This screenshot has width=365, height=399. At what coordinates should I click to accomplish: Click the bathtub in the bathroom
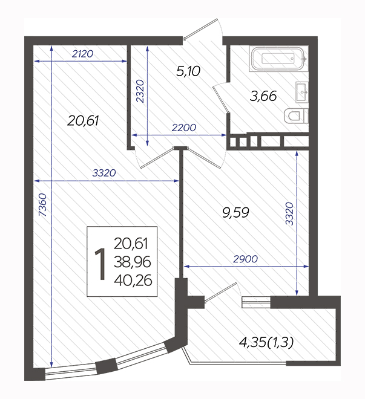(x=278, y=59)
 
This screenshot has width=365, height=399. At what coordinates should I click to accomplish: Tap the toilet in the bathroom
(x=296, y=116)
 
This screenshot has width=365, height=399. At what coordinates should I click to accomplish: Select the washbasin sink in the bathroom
(x=302, y=92)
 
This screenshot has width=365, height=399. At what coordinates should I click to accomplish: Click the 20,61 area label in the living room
(x=83, y=121)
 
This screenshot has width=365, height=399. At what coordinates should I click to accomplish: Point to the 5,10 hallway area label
(x=188, y=71)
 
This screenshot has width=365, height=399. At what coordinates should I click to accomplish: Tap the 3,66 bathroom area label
(x=263, y=96)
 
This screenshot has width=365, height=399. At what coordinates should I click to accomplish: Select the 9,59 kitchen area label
(x=235, y=212)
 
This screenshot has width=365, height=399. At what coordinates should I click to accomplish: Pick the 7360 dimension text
(x=43, y=205)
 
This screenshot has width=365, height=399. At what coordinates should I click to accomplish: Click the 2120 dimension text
(x=82, y=54)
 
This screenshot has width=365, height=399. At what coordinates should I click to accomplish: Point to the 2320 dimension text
(x=140, y=91)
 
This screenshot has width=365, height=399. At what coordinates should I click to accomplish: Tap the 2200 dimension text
(x=184, y=128)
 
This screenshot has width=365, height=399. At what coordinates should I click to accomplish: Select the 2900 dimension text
(x=246, y=259)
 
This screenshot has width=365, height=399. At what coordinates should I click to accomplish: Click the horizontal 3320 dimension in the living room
(x=104, y=173)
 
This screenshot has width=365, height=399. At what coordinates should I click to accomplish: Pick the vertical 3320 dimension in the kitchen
(x=289, y=214)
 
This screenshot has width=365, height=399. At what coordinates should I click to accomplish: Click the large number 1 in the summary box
(x=100, y=264)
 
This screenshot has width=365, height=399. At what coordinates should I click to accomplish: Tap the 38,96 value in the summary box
(x=133, y=262)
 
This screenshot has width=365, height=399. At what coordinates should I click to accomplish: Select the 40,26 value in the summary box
(x=133, y=280)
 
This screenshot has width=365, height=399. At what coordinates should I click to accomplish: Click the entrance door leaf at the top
(x=201, y=28)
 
